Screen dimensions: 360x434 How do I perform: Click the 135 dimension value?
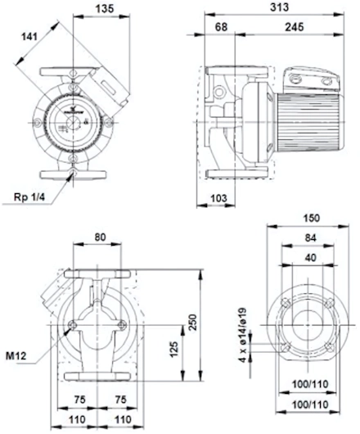point(105,9)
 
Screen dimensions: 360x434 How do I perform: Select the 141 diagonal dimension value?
point(29,36)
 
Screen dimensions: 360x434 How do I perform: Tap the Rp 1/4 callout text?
point(29,197)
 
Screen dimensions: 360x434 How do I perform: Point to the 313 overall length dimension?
point(279,7)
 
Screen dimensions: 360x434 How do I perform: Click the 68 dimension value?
point(221,27)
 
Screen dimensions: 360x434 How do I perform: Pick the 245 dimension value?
point(295,27)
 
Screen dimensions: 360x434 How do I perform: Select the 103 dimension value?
point(218,198)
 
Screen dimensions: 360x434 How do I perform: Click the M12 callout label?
point(16,356)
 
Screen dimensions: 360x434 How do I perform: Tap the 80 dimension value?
point(100,237)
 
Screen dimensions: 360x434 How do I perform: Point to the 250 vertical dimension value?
point(193,322)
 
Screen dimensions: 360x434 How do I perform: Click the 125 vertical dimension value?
point(174,350)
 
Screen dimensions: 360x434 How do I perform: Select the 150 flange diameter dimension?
point(312,218)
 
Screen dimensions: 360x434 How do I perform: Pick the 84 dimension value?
point(311,237)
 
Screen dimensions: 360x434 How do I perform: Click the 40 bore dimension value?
point(311,258)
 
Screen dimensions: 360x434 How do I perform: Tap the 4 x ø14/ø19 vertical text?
point(243,335)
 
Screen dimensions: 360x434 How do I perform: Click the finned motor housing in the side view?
point(308,122)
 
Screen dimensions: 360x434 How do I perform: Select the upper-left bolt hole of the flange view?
point(286,302)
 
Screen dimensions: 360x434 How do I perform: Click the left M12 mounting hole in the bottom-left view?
point(73,325)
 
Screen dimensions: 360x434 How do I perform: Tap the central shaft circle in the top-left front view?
point(73,123)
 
